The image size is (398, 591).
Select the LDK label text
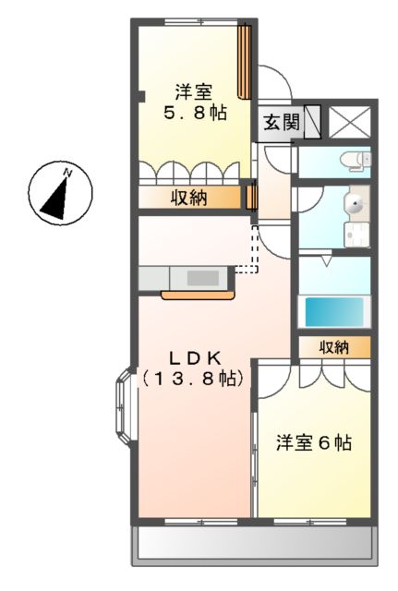[195, 357]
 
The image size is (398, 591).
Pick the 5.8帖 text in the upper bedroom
[195, 115]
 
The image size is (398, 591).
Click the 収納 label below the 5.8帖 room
[188, 197]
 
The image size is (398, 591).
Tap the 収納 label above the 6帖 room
[334, 347]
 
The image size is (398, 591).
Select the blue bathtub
[333, 311]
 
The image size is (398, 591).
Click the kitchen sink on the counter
[201, 277]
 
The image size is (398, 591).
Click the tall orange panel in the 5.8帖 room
[245, 61]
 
